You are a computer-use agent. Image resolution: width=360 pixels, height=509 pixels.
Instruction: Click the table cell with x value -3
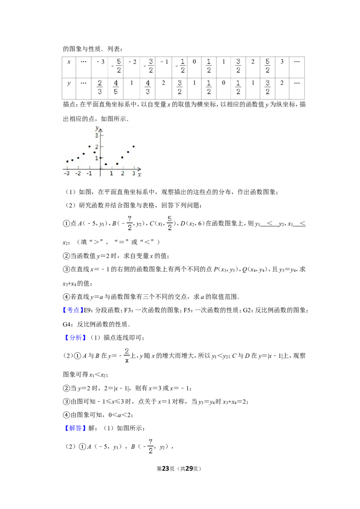(x=100, y=67)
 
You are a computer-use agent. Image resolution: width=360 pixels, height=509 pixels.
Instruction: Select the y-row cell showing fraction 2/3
(x=100, y=88)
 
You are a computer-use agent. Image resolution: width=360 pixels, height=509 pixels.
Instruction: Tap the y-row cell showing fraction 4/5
(x=115, y=88)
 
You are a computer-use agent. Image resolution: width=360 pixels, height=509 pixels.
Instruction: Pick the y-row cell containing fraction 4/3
(x=148, y=88)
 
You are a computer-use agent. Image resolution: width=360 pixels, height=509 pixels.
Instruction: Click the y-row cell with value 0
(x=223, y=88)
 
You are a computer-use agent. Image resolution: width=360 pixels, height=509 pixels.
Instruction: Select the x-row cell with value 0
(x=194, y=67)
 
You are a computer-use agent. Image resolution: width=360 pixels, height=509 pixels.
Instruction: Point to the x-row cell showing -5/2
(x=115, y=67)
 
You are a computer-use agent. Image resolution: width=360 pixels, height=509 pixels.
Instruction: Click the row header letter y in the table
(x=69, y=84)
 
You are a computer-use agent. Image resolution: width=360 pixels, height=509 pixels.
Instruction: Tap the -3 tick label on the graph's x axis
(x=67, y=174)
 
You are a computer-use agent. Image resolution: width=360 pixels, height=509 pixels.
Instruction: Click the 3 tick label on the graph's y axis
(x=96, y=135)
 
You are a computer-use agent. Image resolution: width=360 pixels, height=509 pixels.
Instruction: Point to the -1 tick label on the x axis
(x=89, y=174)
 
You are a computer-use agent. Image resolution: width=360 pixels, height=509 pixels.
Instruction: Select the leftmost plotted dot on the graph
(x=67, y=161)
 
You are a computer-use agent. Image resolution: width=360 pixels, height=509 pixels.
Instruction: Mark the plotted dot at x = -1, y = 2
(x=90, y=147)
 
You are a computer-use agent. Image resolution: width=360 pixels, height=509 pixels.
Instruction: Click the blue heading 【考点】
(x=73, y=310)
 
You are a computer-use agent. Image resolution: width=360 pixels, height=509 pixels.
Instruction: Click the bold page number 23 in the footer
(x=166, y=469)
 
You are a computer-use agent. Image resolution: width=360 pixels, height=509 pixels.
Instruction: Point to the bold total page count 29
(x=189, y=469)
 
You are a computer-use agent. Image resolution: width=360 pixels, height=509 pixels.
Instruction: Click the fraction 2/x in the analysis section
(x=127, y=356)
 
